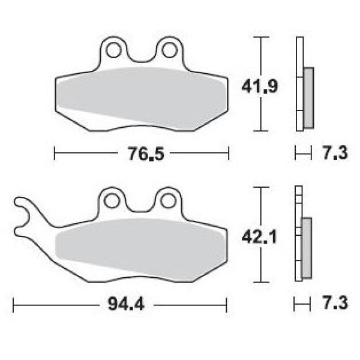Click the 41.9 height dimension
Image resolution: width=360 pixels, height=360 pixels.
[260, 86]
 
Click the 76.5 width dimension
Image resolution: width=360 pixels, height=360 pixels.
[146, 154]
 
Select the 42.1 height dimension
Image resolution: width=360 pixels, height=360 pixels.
[259, 237]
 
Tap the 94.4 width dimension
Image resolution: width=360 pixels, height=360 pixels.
[126, 304]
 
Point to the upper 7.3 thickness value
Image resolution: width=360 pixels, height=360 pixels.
[335, 153]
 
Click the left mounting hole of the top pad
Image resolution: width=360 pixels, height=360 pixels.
[113, 50]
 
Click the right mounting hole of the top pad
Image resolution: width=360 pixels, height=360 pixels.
[169, 50]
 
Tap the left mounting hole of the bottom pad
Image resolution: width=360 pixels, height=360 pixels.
[112, 201]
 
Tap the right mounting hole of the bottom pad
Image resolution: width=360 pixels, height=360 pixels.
[168, 201]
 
